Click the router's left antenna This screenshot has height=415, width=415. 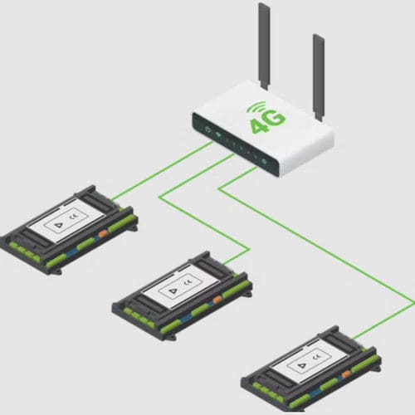(x=264, y=46)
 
